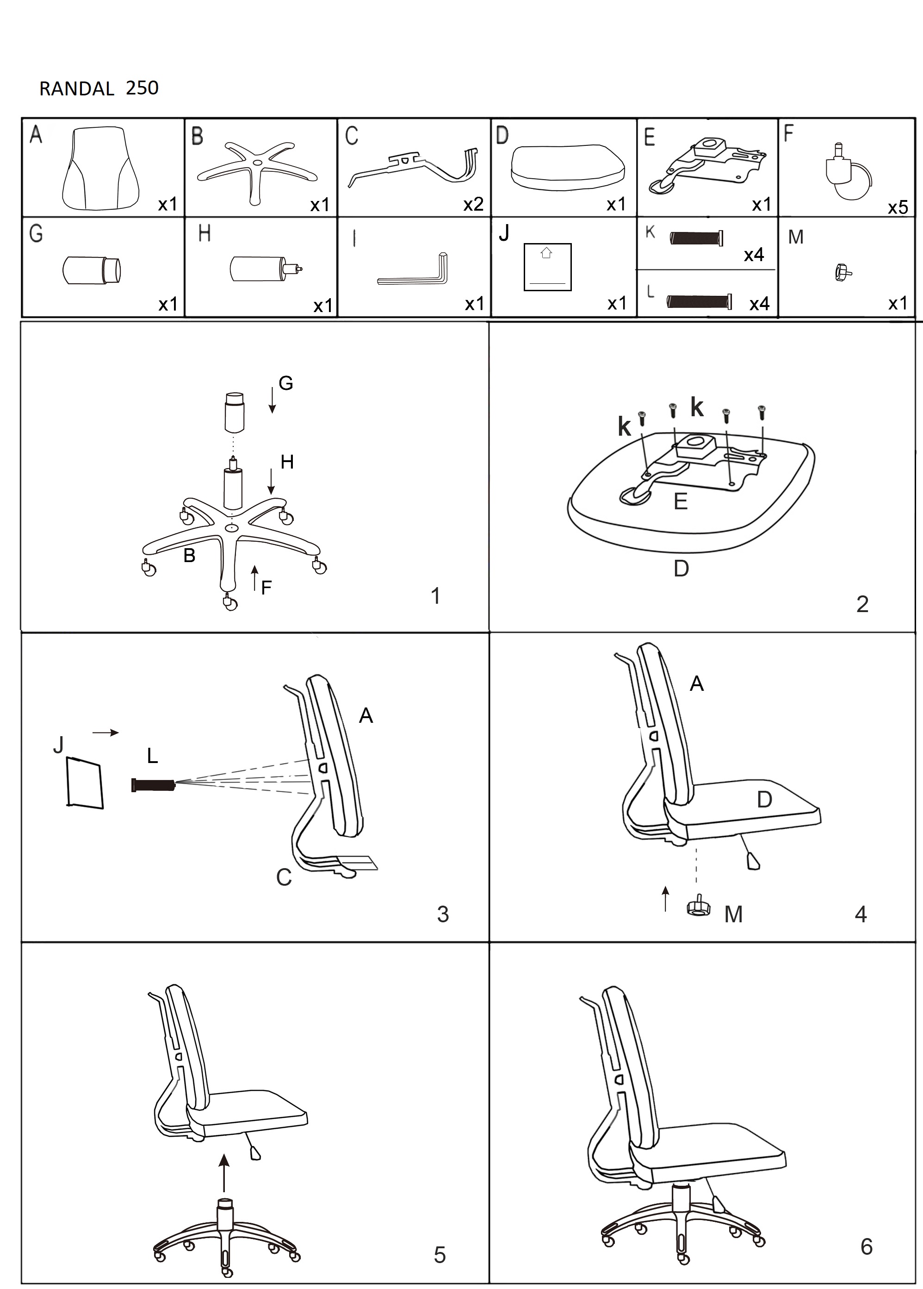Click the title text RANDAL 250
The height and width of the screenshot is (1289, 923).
point(99,88)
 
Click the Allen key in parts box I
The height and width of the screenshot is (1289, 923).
point(413,271)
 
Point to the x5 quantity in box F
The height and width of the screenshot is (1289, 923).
point(898,207)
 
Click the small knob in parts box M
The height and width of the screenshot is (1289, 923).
point(843,272)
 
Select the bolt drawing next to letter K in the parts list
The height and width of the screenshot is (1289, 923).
point(697,238)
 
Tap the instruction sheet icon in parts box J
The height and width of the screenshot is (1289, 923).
point(547,267)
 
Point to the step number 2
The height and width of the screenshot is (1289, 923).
point(861,604)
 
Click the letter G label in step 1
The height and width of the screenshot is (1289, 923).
point(286,384)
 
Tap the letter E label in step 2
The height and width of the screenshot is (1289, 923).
point(680,501)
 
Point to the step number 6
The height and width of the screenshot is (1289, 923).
point(866,1246)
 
